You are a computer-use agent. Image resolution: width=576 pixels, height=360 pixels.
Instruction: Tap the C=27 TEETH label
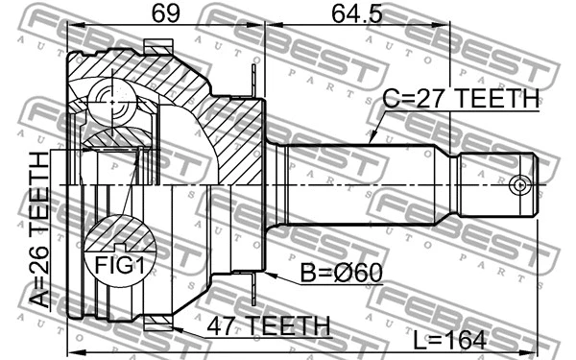click(x=457, y=100)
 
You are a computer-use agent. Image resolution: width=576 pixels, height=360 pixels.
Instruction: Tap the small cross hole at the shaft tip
click(x=520, y=182)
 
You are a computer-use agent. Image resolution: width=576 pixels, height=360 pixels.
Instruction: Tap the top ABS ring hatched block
click(x=156, y=45)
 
